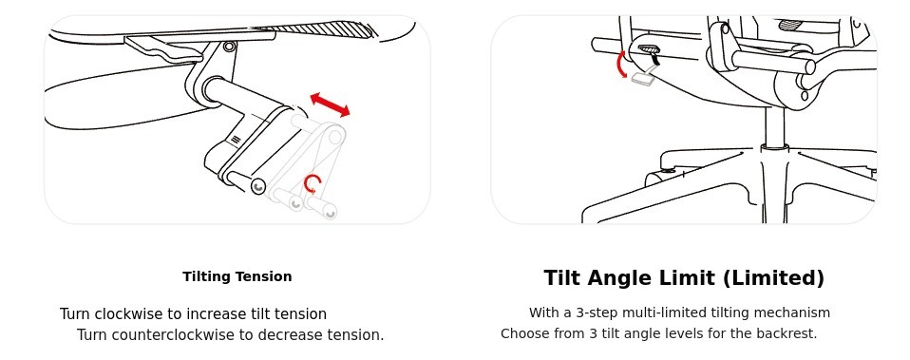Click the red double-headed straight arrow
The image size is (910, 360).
click(331, 104)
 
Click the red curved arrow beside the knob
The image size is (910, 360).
click(621, 64)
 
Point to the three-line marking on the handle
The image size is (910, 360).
click(235, 140)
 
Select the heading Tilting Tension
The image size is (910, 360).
click(237, 276)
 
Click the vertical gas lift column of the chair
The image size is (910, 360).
click(775, 126)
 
